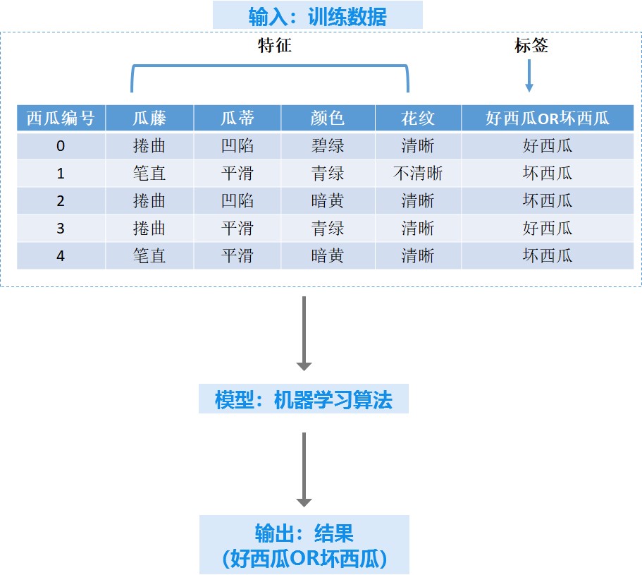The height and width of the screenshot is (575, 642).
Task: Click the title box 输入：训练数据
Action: point(317,15)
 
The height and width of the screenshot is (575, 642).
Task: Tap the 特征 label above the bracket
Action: point(275,45)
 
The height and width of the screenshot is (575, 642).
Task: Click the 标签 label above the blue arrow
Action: point(531,45)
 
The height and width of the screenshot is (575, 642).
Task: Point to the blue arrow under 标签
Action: point(529,75)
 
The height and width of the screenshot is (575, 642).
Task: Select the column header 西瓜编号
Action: point(61,118)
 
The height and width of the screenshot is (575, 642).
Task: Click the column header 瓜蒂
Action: point(237,118)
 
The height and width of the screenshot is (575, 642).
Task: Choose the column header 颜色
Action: point(328,118)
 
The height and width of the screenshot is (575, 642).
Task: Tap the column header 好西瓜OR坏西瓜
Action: point(548,118)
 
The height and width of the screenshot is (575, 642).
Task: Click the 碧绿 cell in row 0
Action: point(328,146)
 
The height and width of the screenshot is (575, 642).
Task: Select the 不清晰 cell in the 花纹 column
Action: point(418,174)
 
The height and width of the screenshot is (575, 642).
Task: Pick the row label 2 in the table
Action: point(61,201)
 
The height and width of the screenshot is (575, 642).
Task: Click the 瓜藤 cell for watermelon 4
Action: point(149,255)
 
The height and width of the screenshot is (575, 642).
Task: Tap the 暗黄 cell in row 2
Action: point(328,201)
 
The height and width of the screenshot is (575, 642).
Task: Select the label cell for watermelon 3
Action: point(548,229)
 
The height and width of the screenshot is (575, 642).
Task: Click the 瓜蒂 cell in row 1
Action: point(237,174)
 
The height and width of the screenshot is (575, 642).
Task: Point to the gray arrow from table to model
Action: point(304,333)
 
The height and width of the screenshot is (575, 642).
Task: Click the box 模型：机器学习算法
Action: point(304,399)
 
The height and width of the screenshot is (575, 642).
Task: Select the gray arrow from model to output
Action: point(304,470)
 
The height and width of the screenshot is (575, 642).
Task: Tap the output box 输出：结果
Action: point(304,545)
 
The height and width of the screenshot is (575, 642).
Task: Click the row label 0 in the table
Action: point(61,146)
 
